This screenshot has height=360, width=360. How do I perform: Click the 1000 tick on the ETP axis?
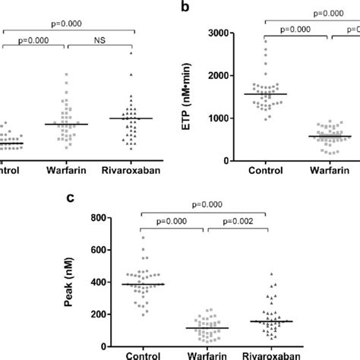(x=221, y=118)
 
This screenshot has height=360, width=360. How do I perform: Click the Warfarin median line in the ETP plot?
(x=329, y=137)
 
